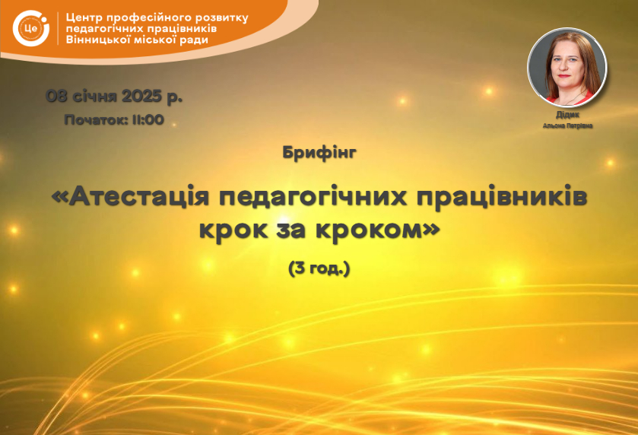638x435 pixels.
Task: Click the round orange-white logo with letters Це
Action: click(31, 28)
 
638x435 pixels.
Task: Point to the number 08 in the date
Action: click(56, 96)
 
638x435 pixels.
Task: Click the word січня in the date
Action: click(94, 96)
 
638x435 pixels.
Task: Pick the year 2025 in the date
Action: click(141, 96)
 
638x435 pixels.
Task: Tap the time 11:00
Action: click(148, 119)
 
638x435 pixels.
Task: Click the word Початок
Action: click(95, 119)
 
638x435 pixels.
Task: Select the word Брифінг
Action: click(319, 153)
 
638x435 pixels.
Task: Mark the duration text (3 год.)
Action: click(319, 269)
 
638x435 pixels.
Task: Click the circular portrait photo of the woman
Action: click(567, 68)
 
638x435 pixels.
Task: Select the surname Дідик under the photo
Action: click(567, 115)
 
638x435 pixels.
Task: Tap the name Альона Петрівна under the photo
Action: click(567, 125)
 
